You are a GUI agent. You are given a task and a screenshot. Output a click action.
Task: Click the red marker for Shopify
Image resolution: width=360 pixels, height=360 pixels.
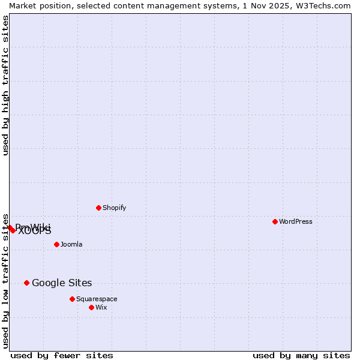click(98, 208)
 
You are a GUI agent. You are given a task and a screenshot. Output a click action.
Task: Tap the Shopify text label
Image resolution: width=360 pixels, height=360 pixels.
click(114, 208)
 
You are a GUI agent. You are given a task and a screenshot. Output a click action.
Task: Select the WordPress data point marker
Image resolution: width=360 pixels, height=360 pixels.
click(275, 221)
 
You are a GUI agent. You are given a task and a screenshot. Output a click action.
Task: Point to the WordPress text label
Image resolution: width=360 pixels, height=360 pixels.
click(296, 222)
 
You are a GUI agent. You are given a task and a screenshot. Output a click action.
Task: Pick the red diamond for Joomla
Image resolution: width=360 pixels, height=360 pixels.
click(56, 244)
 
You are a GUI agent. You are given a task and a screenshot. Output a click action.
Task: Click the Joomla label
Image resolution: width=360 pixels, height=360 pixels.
click(71, 245)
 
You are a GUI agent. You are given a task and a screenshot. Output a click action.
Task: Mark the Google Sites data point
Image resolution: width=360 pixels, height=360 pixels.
click(26, 283)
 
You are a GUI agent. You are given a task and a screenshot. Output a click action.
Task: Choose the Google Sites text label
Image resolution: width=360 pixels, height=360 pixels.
click(62, 283)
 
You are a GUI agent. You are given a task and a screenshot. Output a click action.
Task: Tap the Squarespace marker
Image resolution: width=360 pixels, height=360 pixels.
click(72, 299)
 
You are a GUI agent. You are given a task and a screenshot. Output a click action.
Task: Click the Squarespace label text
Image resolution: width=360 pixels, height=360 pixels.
click(97, 299)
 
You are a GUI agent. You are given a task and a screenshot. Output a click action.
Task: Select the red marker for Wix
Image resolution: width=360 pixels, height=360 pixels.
click(91, 307)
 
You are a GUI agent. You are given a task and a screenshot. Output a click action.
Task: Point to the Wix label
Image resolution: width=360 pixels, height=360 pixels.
click(101, 308)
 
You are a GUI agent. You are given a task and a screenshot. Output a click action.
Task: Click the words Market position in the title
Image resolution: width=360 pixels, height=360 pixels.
click(37, 5)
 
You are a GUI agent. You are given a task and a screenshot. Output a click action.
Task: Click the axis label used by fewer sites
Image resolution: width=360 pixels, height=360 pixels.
click(62, 355)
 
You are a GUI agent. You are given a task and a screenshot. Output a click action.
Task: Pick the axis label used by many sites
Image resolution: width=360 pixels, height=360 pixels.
click(301, 355)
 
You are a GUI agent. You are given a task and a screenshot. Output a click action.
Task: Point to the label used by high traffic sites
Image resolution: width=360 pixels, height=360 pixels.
click(5, 85)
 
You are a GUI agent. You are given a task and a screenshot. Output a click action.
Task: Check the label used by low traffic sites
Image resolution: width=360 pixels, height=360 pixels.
click(5, 281)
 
